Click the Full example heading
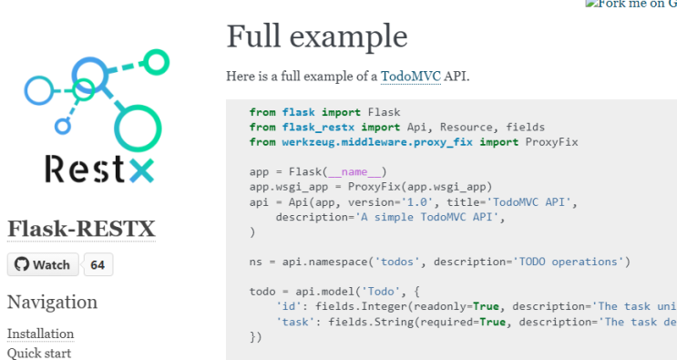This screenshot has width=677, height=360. (316, 36)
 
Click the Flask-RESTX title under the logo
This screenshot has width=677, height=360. (81, 229)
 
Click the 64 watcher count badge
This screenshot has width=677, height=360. (97, 264)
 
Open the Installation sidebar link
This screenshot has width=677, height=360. (40, 334)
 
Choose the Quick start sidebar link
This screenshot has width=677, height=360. (39, 353)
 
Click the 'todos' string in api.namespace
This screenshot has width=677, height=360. (400, 262)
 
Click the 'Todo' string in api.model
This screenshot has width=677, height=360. (372, 292)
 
